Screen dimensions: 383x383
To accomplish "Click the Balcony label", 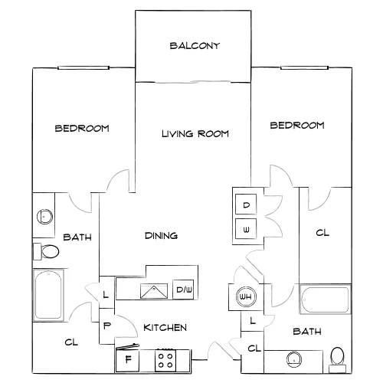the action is tap(195, 46).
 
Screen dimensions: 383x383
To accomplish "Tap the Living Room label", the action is tap(195, 134).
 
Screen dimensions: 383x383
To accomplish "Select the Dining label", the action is tap(161, 235).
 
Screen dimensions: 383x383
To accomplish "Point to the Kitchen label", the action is tap(165, 327).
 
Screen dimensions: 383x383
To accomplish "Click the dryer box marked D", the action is tap(246, 205).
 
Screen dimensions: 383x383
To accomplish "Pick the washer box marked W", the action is tap(246, 229).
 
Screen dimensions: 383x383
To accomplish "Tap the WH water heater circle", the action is tap(246, 296).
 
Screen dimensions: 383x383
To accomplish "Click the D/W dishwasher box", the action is tap(183, 290).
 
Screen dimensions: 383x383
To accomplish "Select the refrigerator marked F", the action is tap(127, 360).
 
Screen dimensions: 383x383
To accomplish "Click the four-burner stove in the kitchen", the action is tap(165, 360).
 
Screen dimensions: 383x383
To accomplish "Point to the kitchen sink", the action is tap(154, 291).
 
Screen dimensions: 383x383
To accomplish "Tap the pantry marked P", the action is tap(106, 326).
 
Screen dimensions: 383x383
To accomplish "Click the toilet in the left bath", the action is tap(46, 251).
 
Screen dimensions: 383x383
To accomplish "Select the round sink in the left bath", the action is tap(44, 217).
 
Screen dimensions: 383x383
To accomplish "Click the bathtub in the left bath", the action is tap(48, 295).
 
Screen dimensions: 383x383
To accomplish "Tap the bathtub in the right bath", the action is tap(325, 299).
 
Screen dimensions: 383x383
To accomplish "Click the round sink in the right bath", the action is tap(294, 359).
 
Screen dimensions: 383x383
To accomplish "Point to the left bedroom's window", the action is tap(83, 67).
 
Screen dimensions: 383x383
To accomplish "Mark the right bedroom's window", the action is tap(304, 67).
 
